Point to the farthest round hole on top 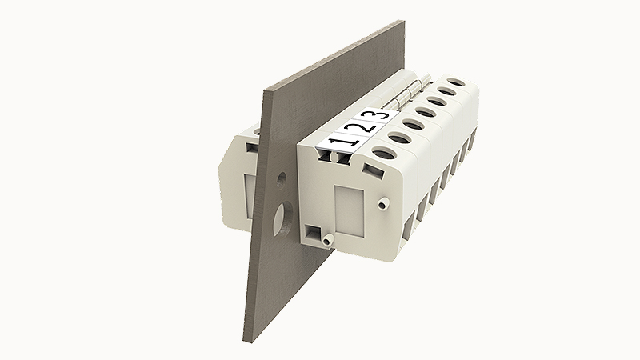[x=457, y=82]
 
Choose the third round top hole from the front [x=426, y=111]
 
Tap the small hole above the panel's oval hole [x=282, y=180]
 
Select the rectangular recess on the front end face [x=349, y=209]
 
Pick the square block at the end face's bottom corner [x=313, y=233]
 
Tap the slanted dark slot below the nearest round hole [x=372, y=170]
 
